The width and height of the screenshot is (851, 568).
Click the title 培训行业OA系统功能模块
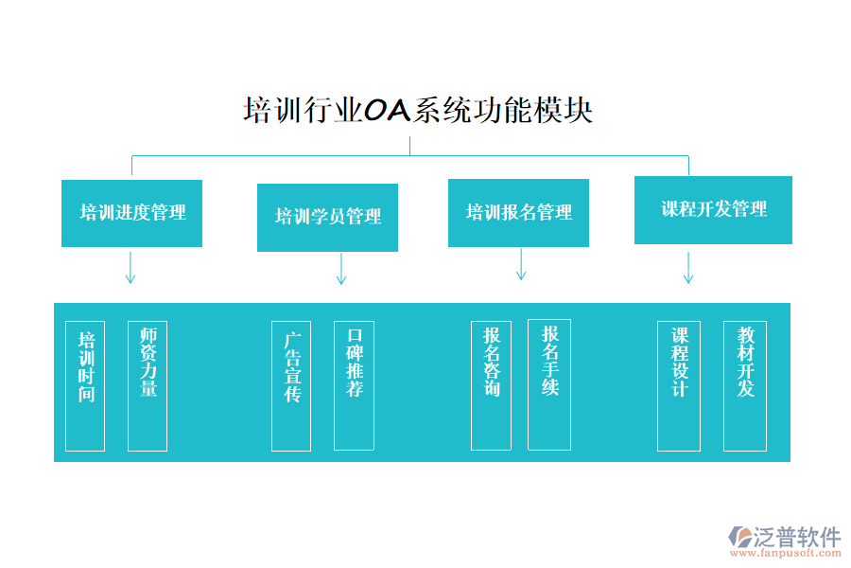pos(418,111)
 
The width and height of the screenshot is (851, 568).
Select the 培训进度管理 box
pos(131,213)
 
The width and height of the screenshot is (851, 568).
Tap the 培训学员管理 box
pos(327,217)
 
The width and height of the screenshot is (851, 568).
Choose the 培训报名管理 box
pos(518,213)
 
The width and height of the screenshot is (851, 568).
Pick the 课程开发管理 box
pos(713,210)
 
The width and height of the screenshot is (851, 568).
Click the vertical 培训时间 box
pos(85,385)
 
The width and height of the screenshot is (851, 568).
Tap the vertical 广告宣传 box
pos(291,385)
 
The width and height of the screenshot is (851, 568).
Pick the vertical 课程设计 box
pos(678,385)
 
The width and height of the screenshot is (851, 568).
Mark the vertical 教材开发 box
pos(745,385)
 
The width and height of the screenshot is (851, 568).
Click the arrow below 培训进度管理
pos(130,268)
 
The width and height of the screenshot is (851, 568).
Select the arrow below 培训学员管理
pos(341,268)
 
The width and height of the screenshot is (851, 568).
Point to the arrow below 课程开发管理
pos(688,268)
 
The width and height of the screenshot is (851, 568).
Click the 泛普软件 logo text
pos(796,537)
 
